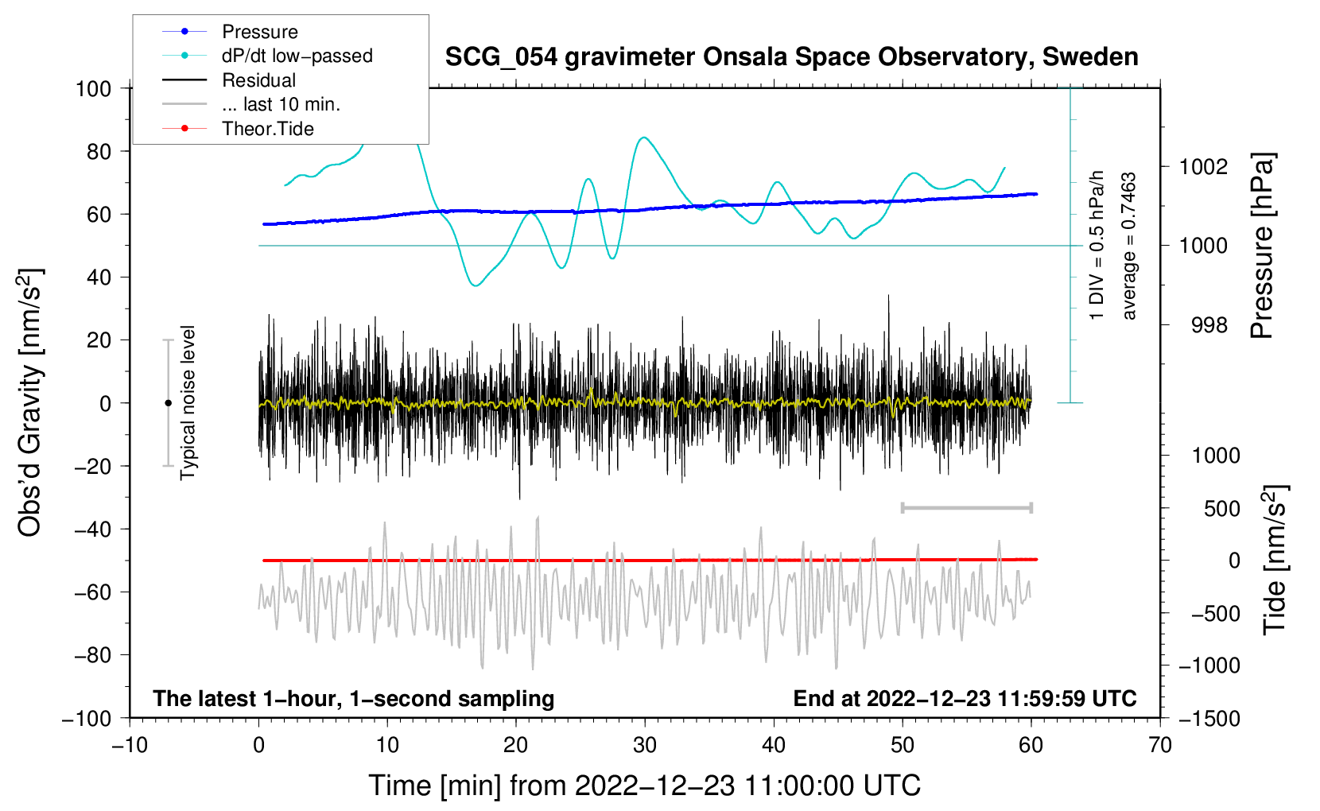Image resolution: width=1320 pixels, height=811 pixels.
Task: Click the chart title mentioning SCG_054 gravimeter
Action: pyautogui.click(x=791, y=57)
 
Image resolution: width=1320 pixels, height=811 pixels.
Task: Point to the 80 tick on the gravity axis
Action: pyautogui.click(x=99, y=152)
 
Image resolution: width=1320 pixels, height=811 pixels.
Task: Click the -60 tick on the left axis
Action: pyautogui.click(x=92, y=592)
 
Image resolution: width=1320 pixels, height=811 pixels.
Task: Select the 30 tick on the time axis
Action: pyautogui.click(x=645, y=745)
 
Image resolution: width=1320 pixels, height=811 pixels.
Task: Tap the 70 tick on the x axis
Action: pyautogui.click(x=1159, y=745)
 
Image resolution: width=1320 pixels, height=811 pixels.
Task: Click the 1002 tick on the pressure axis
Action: pyautogui.click(x=1203, y=167)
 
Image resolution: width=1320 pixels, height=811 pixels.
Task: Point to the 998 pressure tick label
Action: pyautogui.click(x=1209, y=324)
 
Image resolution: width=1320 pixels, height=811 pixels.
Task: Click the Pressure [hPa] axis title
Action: pyautogui.click(x=1262, y=246)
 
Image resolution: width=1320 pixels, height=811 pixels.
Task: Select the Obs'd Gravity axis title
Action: pyautogui.click(x=29, y=402)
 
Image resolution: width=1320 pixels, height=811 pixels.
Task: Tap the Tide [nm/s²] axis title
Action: pyautogui.click(x=1275, y=560)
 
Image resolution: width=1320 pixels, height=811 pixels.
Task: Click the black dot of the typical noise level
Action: pyautogui.click(x=168, y=403)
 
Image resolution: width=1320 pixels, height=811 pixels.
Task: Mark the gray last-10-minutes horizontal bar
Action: pyautogui.click(x=967, y=507)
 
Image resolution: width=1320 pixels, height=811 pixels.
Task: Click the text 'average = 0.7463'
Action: pyautogui.click(x=1128, y=246)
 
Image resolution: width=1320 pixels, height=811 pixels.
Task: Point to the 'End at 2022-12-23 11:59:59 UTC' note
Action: pyautogui.click(x=965, y=698)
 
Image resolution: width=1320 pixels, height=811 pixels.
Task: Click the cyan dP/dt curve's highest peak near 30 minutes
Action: pyautogui.click(x=644, y=138)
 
